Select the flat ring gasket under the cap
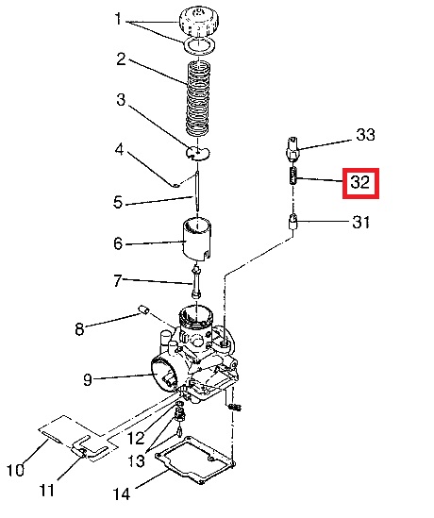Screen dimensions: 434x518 click(199, 44)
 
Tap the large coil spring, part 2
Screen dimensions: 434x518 click(198, 98)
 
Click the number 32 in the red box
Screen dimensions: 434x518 click(360, 182)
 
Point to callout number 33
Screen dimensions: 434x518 click(366, 135)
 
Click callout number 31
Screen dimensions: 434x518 click(360, 222)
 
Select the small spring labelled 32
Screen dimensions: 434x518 click(293, 175)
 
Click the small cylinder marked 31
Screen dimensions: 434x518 click(293, 222)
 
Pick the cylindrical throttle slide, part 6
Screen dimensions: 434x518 click(197, 238)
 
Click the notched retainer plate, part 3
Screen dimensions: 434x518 click(197, 153)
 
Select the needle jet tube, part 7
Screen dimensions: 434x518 click(196, 282)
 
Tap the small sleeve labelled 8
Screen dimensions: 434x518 click(143, 310)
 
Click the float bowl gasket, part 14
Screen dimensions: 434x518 click(195, 460)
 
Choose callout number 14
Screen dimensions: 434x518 click(122, 494)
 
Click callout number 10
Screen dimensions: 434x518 click(15, 470)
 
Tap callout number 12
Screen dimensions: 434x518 click(136, 438)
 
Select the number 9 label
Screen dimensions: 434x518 click(87, 380)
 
